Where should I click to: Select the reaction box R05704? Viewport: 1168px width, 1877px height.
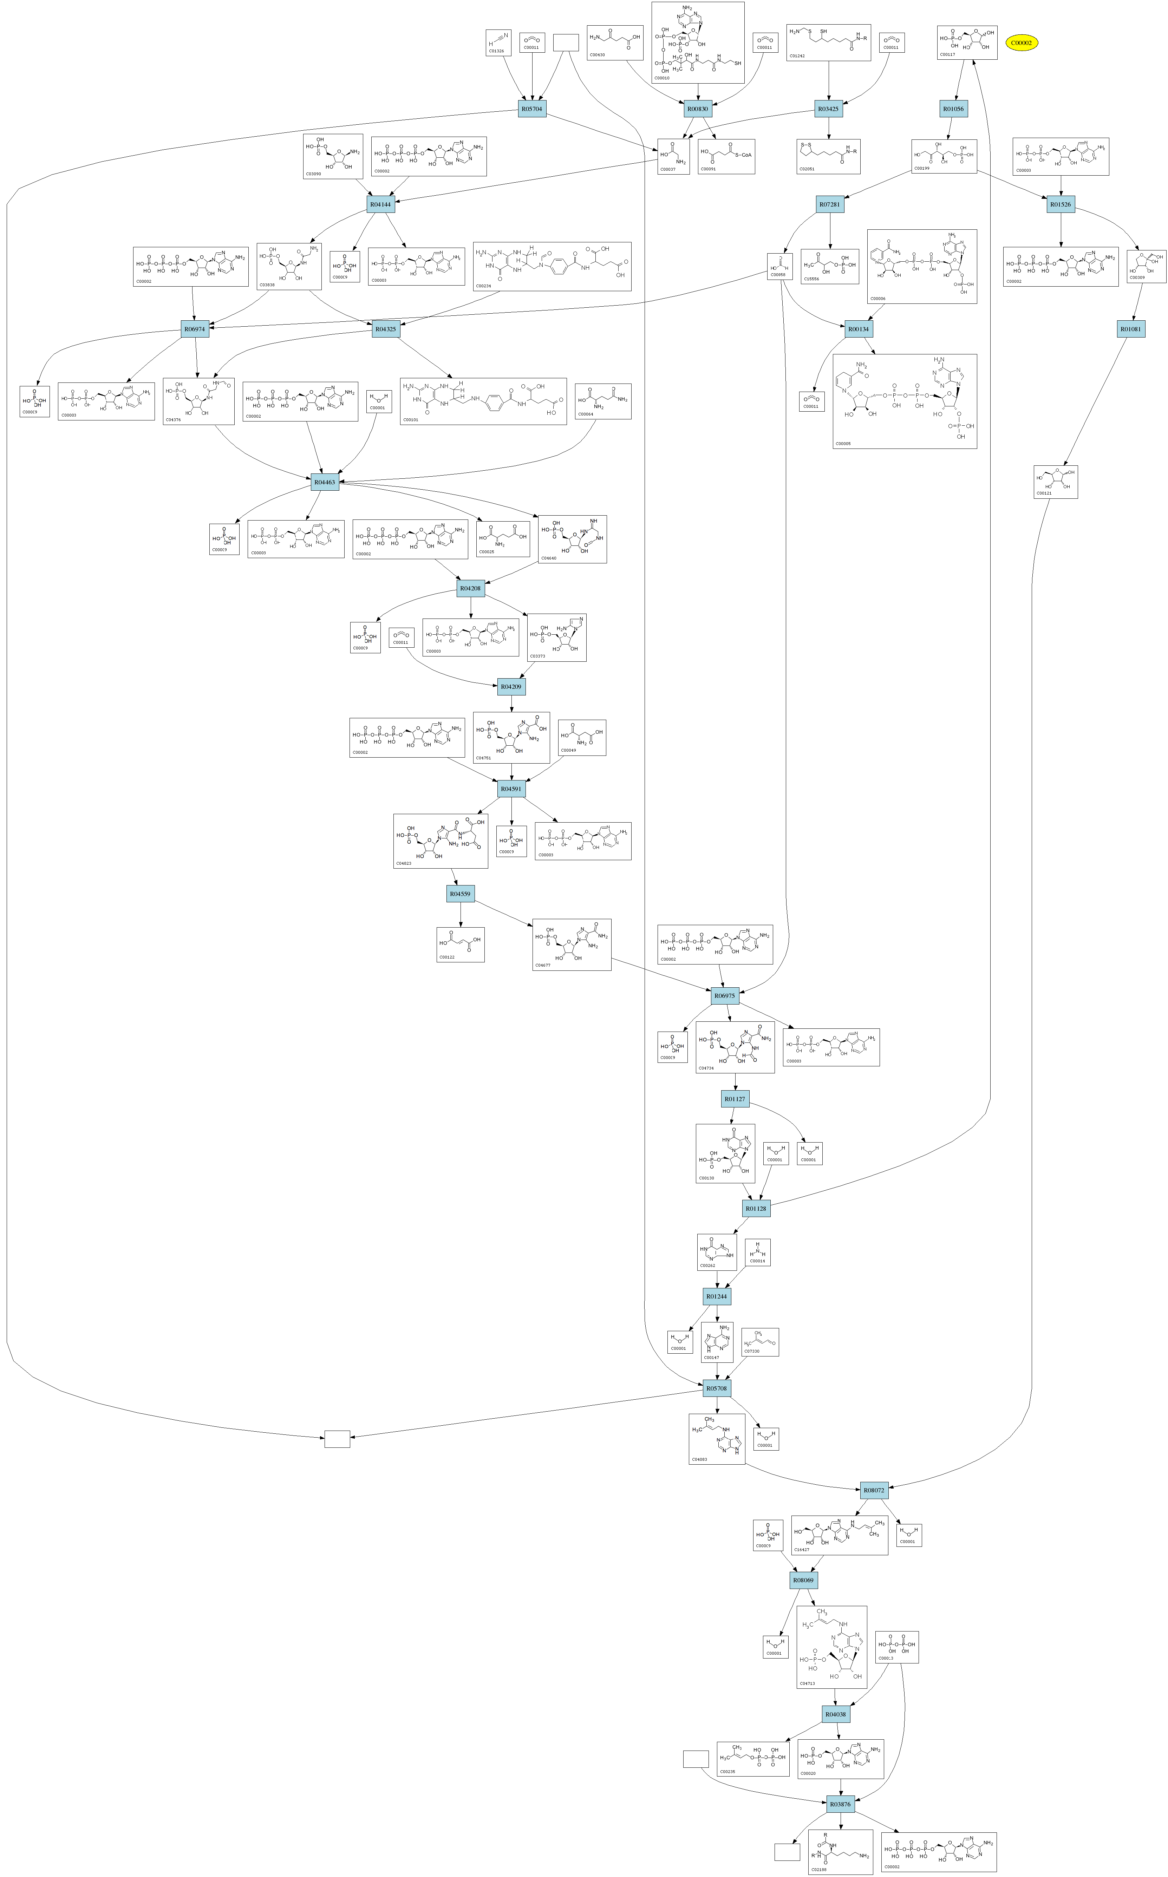click(x=532, y=109)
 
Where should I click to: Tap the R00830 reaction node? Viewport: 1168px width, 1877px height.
click(x=698, y=109)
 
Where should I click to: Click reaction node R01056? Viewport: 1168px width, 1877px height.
click(x=954, y=109)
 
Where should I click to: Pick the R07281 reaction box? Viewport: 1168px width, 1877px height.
click(x=830, y=205)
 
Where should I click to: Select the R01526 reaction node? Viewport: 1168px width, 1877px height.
click(x=1061, y=205)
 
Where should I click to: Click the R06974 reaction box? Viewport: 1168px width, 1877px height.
click(x=195, y=329)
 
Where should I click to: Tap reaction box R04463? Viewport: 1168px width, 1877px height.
click(x=325, y=483)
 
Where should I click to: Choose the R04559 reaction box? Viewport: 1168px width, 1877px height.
click(x=461, y=894)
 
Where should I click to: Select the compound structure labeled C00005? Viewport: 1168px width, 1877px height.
click(x=905, y=401)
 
